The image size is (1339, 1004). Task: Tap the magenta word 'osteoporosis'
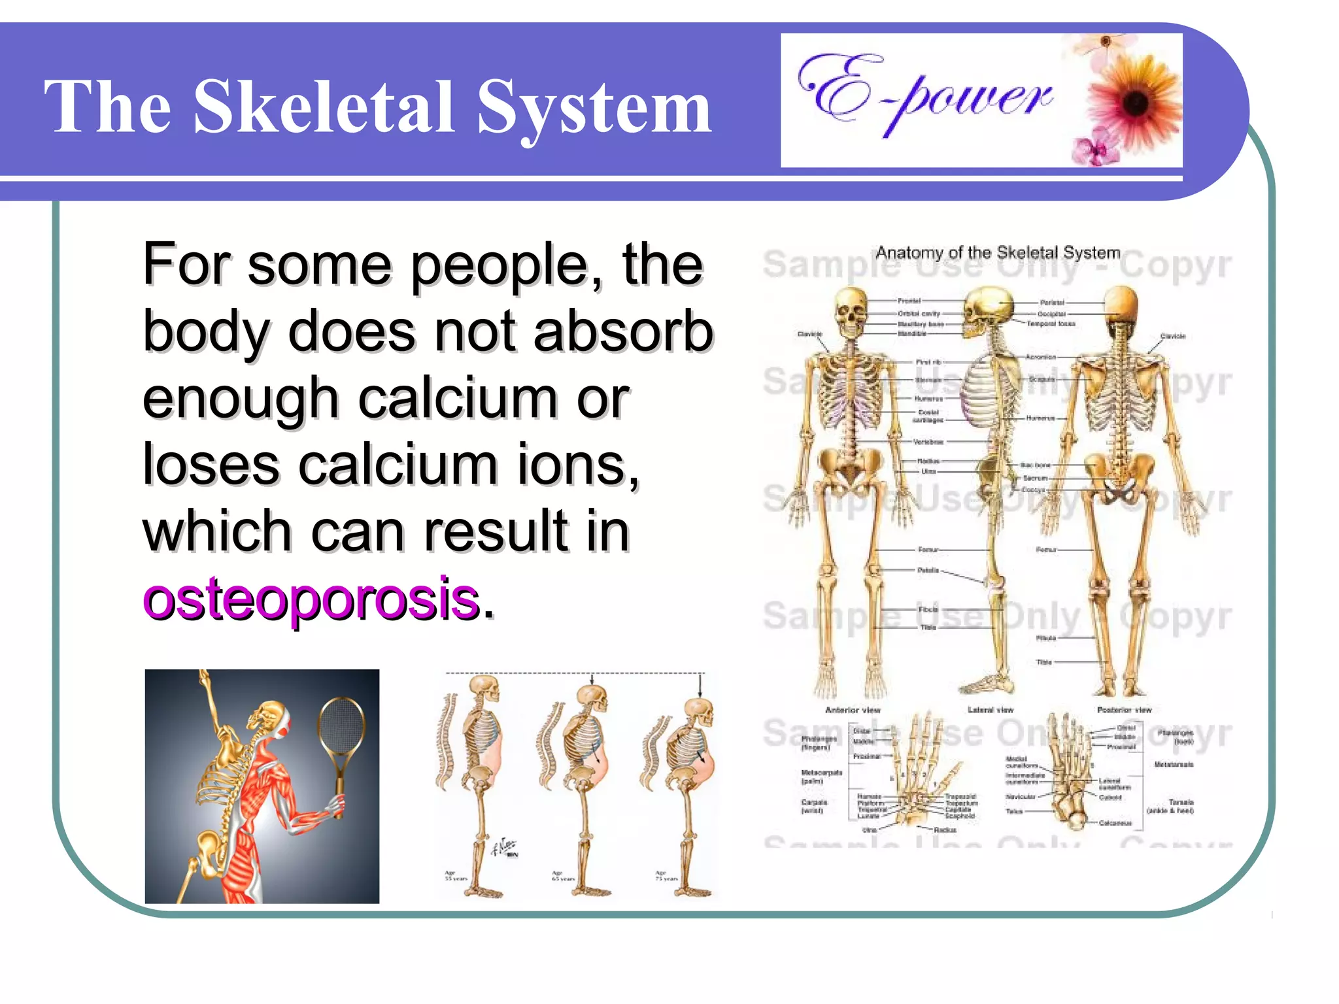pyautogui.click(x=311, y=598)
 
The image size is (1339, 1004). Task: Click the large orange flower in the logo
pyautogui.click(x=1135, y=101)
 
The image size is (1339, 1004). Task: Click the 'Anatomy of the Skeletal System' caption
pyautogui.click(x=998, y=253)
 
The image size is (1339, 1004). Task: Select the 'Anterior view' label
pyautogui.click(x=853, y=710)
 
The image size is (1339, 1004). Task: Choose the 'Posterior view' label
pyautogui.click(x=1124, y=710)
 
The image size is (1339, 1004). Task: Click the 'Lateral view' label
pyautogui.click(x=991, y=710)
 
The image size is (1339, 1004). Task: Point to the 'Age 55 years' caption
pyautogui.click(x=456, y=876)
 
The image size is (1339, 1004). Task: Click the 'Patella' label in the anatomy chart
pyautogui.click(x=928, y=571)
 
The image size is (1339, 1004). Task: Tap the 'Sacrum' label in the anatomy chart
pyautogui.click(x=1035, y=478)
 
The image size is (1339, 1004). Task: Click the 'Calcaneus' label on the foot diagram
pyautogui.click(x=1115, y=823)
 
